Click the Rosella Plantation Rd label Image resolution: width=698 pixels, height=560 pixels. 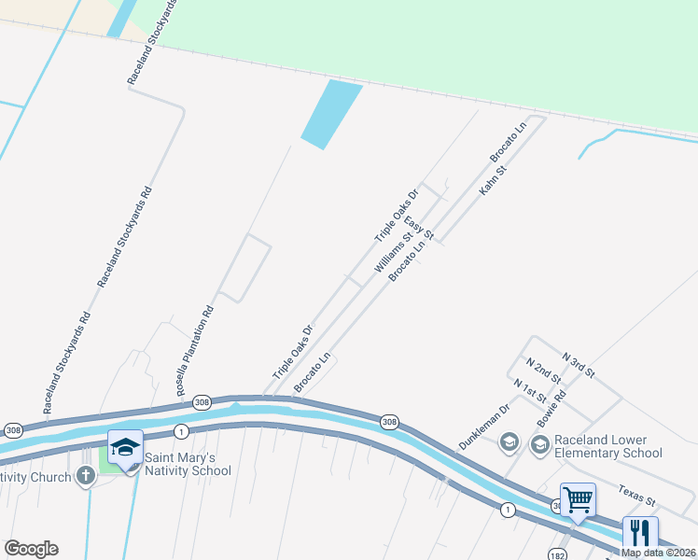pos(195,349)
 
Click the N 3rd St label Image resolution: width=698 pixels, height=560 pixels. pos(579,364)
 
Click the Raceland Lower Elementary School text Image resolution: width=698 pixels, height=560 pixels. pos(607,446)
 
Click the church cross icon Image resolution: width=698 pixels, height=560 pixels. pos(85,477)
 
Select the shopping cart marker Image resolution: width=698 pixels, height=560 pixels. pos(578,500)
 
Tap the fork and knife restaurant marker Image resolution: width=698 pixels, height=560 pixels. pos(639,533)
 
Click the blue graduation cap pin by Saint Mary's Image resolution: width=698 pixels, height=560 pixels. pos(125,449)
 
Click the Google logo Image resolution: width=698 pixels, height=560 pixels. pos(31,549)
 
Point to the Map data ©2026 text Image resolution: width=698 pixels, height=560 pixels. pos(659,553)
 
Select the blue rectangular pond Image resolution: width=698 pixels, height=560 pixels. pos(331,115)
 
